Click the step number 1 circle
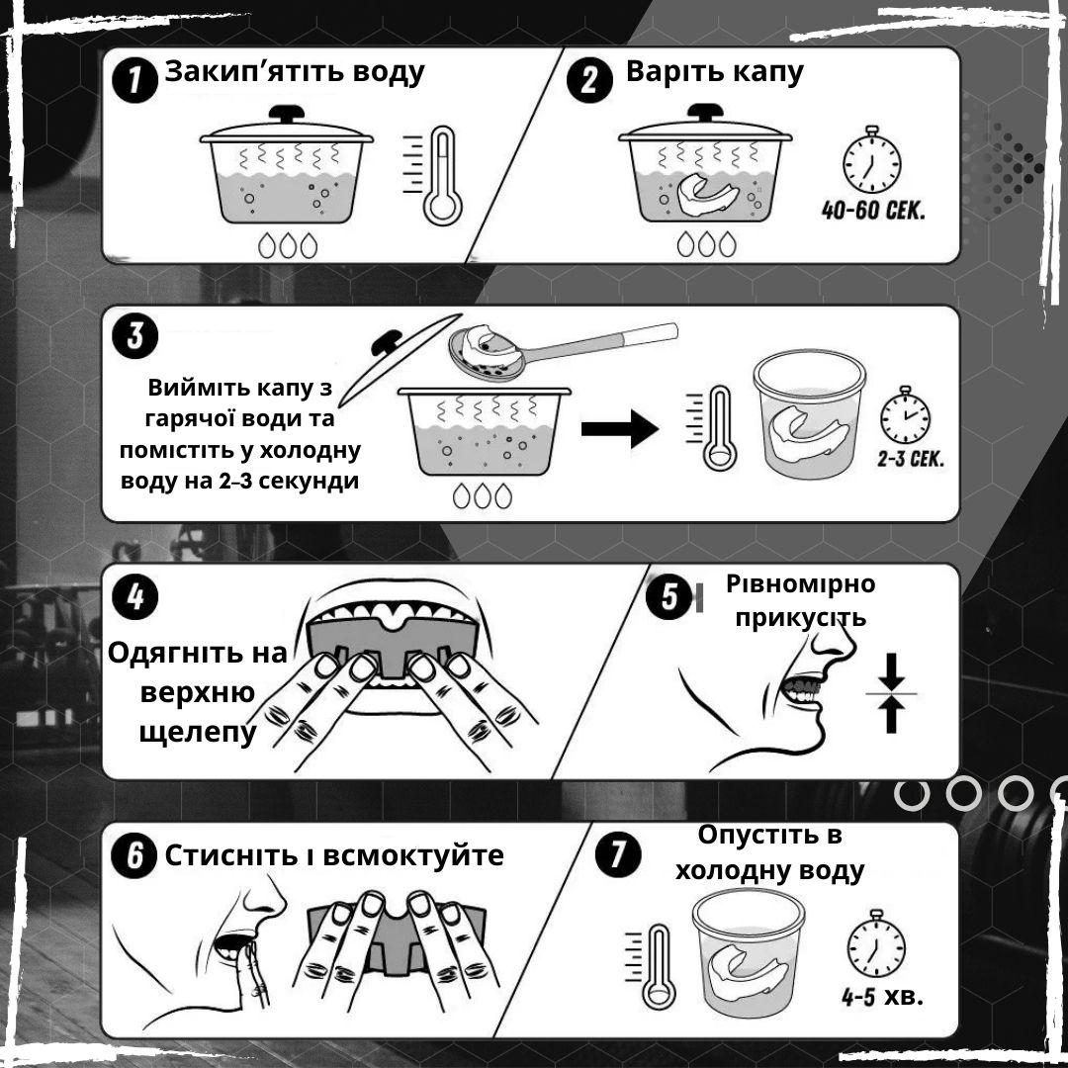[134, 80]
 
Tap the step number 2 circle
[589, 80]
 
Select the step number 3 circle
[134, 336]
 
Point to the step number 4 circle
[134, 596]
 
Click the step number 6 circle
[134, 854]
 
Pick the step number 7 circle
[617, 854]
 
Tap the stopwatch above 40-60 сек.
[872, 160]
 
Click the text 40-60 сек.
[873, 210]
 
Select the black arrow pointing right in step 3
[620, 429]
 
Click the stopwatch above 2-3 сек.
[905, 414]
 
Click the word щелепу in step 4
[198, 734]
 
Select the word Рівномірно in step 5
[800, 584]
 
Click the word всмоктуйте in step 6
[412, 855]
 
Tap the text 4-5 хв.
[882, 997]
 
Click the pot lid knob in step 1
[287, 114]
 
